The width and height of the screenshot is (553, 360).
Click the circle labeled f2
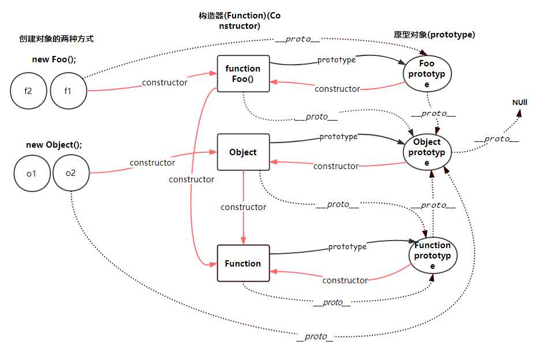[29, 90]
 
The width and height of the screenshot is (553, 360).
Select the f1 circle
[68, 90]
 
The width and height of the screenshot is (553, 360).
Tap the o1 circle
[32, 172]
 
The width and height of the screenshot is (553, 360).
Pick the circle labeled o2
[71, 172]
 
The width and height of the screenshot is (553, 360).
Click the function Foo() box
[243, 73]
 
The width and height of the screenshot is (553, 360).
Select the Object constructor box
[243, 152]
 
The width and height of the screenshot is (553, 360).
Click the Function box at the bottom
[243, 264]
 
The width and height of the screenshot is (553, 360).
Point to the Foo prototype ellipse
[427, 74]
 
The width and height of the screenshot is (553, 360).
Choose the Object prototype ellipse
[427, 152]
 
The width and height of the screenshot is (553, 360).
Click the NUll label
[520, 103]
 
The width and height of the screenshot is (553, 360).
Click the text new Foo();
[54, 59]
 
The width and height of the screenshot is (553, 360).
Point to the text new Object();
[54, 145]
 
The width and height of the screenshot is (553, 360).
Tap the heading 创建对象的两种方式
[56, 39]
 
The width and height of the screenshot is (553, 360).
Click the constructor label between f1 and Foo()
[165, 82]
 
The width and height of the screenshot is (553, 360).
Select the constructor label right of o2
[152, 163]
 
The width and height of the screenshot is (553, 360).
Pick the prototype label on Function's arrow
[348, 247]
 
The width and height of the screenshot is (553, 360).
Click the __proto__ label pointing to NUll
[496, 139]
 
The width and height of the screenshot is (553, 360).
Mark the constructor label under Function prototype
[345, 280]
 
